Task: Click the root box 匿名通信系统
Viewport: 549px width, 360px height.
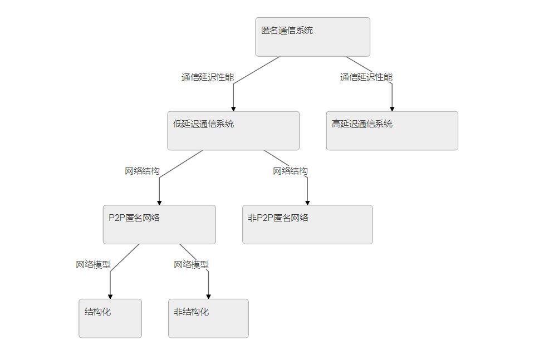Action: (312, 37)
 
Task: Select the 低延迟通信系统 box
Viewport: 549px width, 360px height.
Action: (233, 131)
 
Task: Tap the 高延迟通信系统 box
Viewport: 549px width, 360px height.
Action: (392, 131)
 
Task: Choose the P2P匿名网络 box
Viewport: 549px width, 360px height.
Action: (159, 224)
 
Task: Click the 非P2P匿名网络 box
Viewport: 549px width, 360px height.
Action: (307, 224)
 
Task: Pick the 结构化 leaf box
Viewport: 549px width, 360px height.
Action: (110, 318)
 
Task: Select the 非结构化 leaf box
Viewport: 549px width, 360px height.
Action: (208, 318)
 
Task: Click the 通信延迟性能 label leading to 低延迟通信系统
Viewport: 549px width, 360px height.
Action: (207, 77)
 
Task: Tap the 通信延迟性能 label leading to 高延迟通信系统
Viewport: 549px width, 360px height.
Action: (366, 77)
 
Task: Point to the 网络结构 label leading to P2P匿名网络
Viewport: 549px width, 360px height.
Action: (142, 171)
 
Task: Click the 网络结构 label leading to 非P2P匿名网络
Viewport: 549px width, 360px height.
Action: (290, 171)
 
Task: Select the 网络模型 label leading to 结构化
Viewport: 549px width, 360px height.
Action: (93, 265)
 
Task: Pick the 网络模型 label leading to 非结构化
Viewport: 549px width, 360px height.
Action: (191, 265)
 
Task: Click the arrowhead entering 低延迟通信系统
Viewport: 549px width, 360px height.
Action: (233, 108)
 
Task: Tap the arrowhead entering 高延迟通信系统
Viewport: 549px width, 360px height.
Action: (392, 108)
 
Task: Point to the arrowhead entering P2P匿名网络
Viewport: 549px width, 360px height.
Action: (159, 202)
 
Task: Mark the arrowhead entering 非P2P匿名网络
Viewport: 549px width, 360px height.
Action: (307, 202)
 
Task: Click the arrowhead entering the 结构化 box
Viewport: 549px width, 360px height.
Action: (110, 296)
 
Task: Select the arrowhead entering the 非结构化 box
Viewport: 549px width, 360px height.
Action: (208, 296)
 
